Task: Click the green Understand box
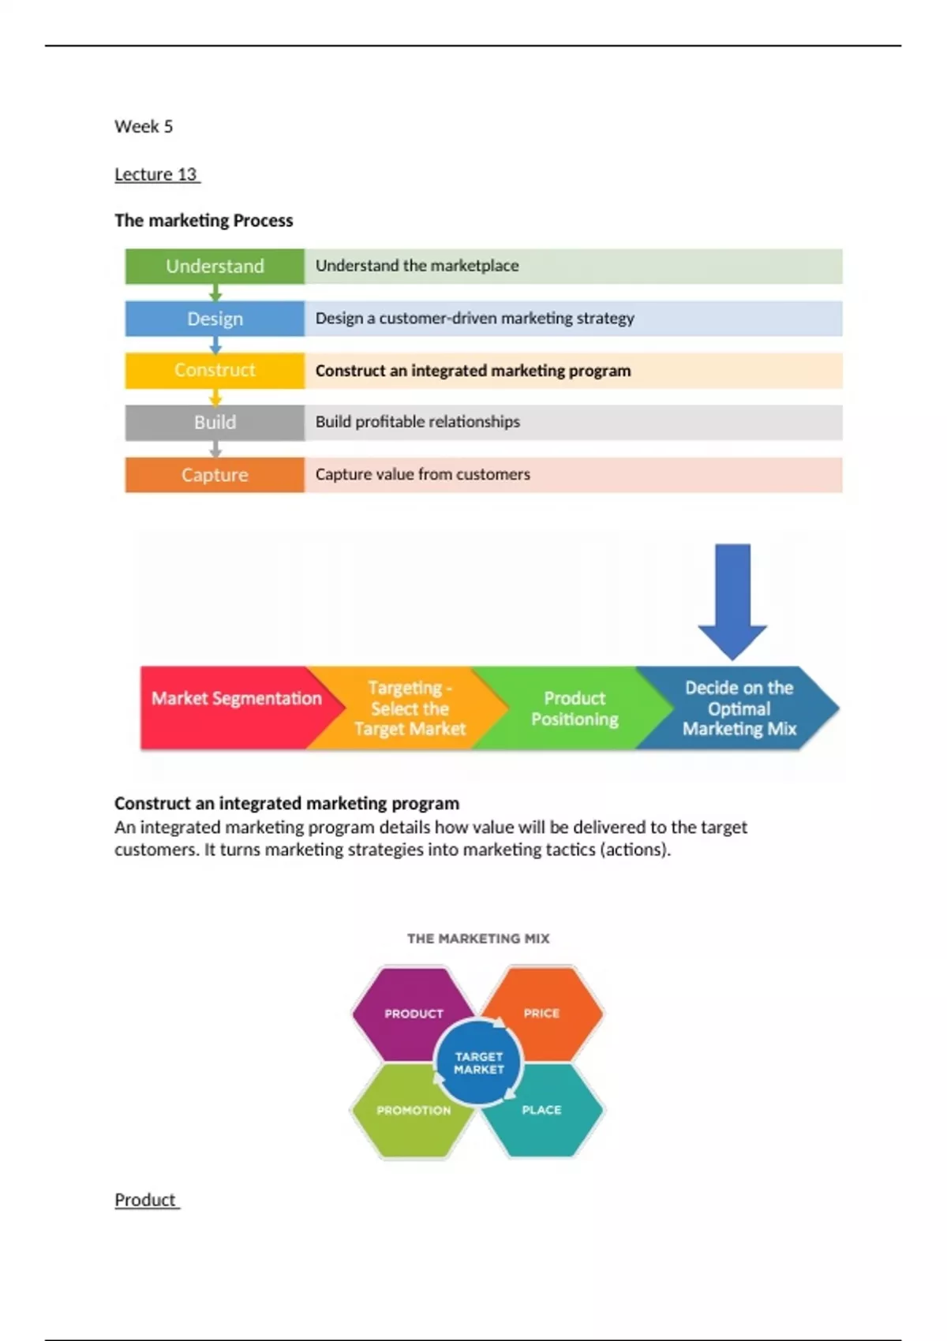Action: pos(215,266)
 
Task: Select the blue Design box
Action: pos(215,319)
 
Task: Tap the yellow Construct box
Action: pos(215,370)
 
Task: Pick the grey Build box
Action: pos(215,422)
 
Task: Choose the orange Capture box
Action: pos(215,475)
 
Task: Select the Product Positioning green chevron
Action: pos(575,708)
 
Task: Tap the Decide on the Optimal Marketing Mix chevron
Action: pos(739,708)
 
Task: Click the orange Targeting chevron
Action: pos(410,708)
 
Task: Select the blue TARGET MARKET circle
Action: pos(478,1063)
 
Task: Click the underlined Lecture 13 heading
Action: pos(156,174)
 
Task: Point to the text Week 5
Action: pos(144,126)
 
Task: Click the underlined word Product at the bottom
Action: pos(146,1200)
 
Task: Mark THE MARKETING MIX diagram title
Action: pos(478,939)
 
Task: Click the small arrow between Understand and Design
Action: pos(215,293)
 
